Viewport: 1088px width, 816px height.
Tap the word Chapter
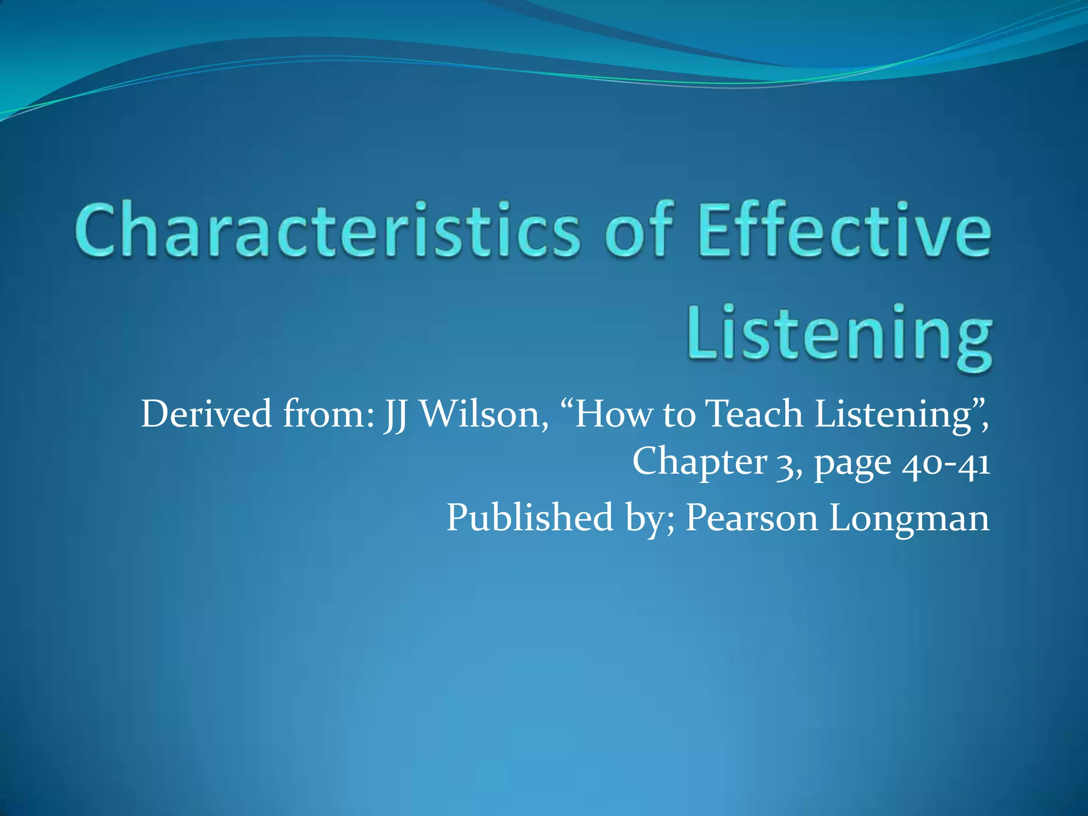click(699, 461)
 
